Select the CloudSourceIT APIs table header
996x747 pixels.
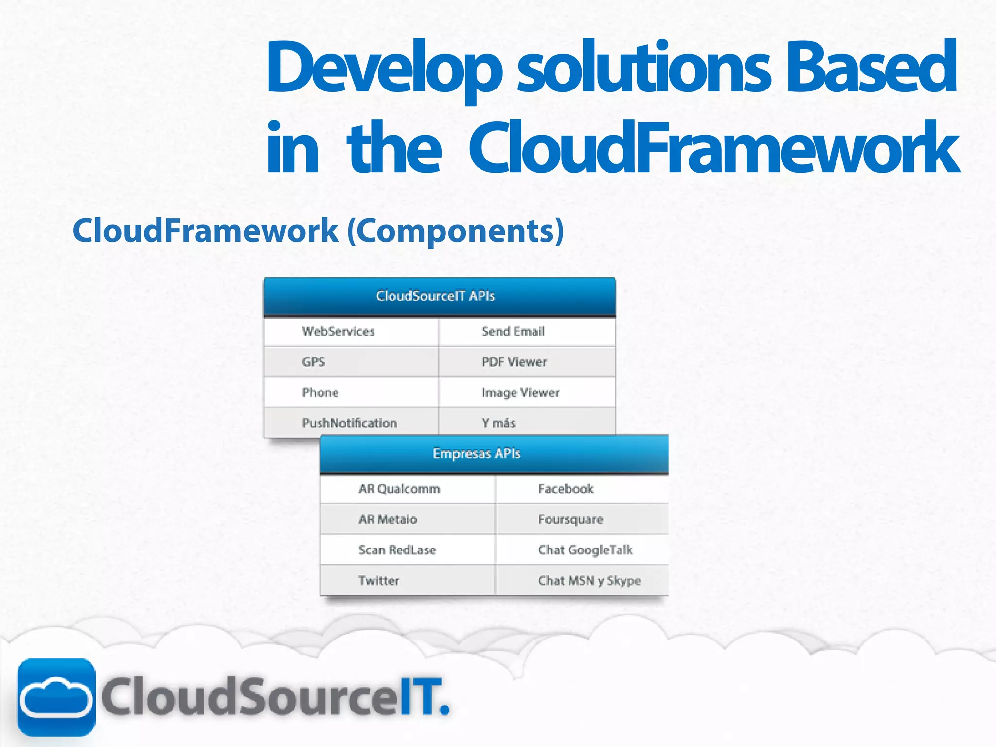439,296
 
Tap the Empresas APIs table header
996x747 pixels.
494,454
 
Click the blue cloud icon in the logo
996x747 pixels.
56,697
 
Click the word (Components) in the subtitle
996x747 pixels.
456,231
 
